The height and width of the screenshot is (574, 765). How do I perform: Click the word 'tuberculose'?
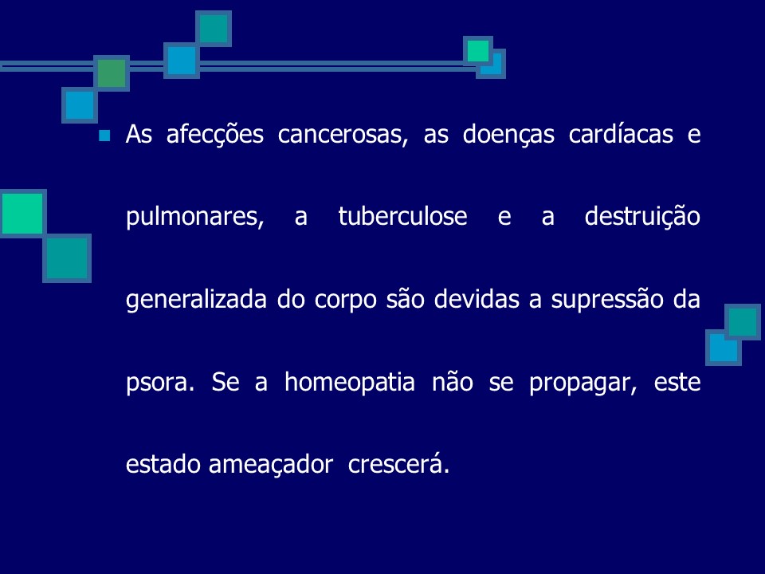402,217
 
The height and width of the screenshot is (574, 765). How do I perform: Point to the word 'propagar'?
580,383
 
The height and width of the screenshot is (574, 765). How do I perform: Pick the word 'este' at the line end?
678,383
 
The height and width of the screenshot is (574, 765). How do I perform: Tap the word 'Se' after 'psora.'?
225,383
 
